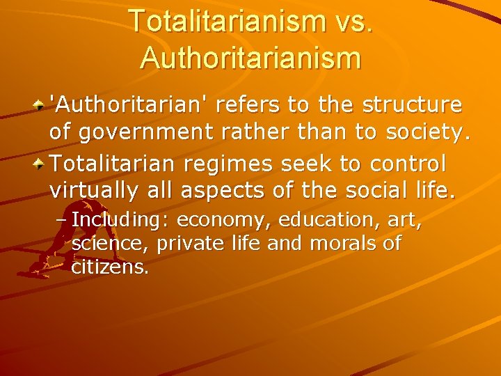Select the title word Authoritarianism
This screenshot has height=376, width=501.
250,57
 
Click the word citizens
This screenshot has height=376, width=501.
110,267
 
